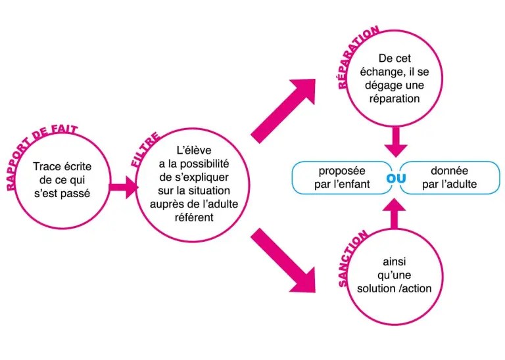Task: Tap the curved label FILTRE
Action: (x=145, y=150)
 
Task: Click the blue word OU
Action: (x=396, y=177)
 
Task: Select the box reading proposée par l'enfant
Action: (x=342, y=177)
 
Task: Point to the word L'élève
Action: (x=192, y=150)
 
